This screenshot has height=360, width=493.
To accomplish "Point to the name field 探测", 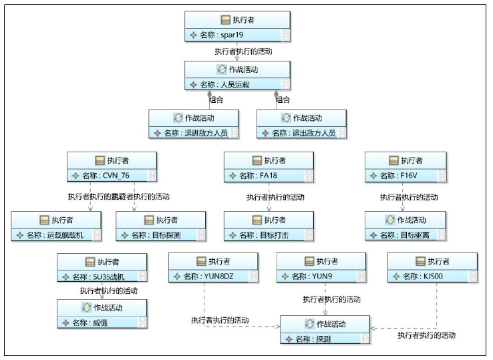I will click(321, 339).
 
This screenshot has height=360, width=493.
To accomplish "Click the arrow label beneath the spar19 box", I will click(242, 51).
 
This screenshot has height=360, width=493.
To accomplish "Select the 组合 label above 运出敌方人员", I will click(283, 100).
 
